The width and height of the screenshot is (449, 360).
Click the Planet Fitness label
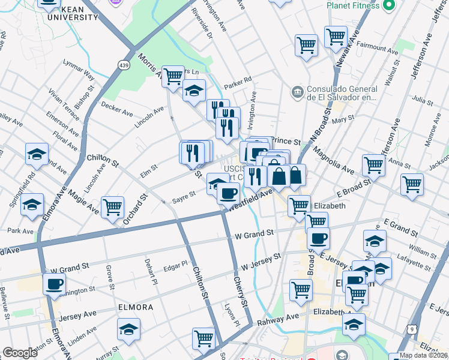pos(353,5)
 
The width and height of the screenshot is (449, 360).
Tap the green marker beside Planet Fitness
pos(388,5)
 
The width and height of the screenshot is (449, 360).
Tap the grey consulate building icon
pos(297,92)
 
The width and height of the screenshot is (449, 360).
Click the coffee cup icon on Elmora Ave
pos(54,283)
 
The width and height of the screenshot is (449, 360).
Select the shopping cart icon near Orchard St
pos(112,207)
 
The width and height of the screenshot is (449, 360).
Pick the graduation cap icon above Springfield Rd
pos(37,154)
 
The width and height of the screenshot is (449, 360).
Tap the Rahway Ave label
pos(279,319)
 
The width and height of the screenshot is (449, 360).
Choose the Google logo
pos(20,353)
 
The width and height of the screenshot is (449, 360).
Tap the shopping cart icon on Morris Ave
pos(173,76)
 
